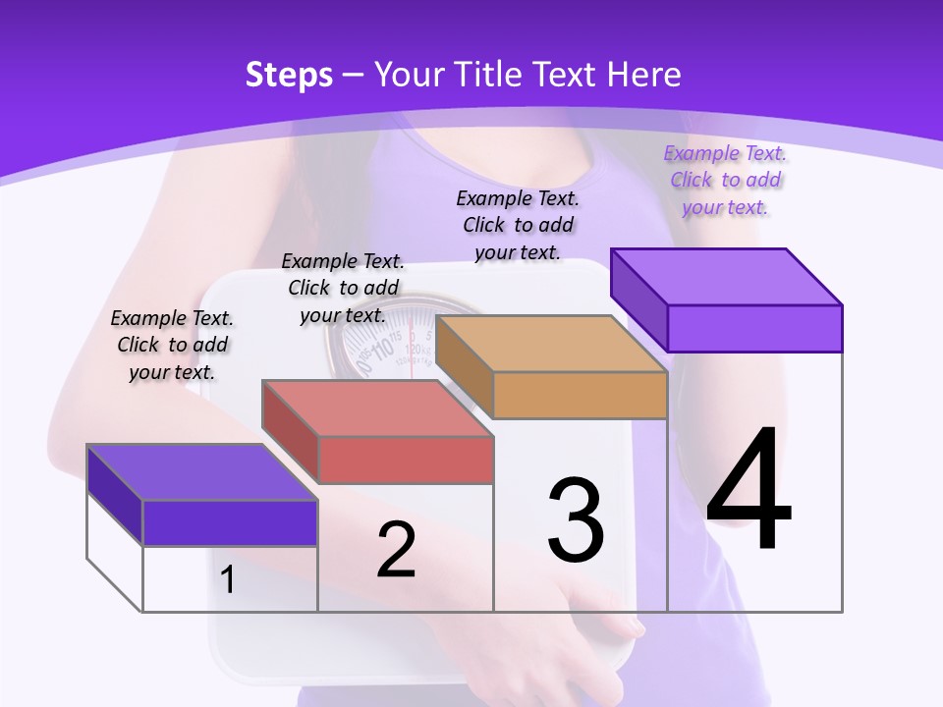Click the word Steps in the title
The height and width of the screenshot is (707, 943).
pos(289,75)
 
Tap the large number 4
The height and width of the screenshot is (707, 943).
pos(749,491)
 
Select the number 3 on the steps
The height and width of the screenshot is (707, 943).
pos(576,521)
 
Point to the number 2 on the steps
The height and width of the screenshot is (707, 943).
pos(396,550)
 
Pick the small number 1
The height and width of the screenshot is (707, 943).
pos(228,579)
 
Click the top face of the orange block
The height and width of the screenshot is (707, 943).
pos(550,344)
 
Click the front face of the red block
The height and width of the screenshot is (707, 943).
pos(406,460)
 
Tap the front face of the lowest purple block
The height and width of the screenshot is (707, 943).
pos(230,522)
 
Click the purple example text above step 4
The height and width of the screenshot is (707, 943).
pos(725,181)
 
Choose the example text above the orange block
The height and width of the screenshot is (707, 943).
pos(518,225)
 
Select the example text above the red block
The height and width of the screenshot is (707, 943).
pos(343,288)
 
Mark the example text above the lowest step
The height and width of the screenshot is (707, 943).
pos(172,345)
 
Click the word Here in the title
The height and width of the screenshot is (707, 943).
pos(644,75)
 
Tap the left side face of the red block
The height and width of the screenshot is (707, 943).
pos(290,432)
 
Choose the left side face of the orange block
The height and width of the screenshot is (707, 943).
pos(464,366)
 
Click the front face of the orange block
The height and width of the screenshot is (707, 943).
pos(580,396)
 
